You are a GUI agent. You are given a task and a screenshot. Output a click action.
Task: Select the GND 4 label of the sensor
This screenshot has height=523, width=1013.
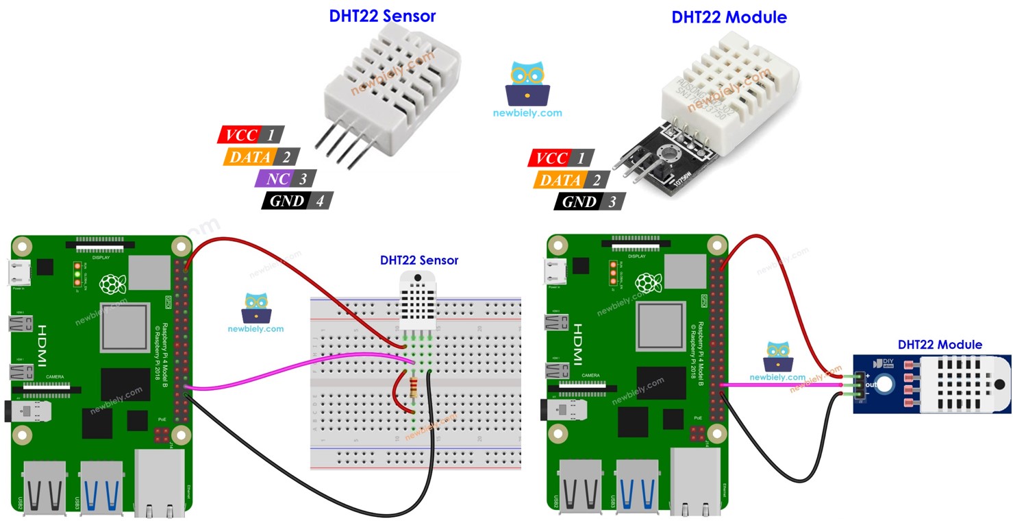[297, 201]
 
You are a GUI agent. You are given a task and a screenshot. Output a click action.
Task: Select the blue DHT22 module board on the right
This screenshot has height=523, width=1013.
[931, 384]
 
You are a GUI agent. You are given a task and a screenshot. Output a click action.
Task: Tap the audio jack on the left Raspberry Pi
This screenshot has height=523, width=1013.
[31, 411]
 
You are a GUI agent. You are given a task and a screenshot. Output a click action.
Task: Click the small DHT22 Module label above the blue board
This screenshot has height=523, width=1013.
[939, 344]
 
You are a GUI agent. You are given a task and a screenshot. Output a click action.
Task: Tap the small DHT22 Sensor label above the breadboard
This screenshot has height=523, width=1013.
[419, 260]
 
